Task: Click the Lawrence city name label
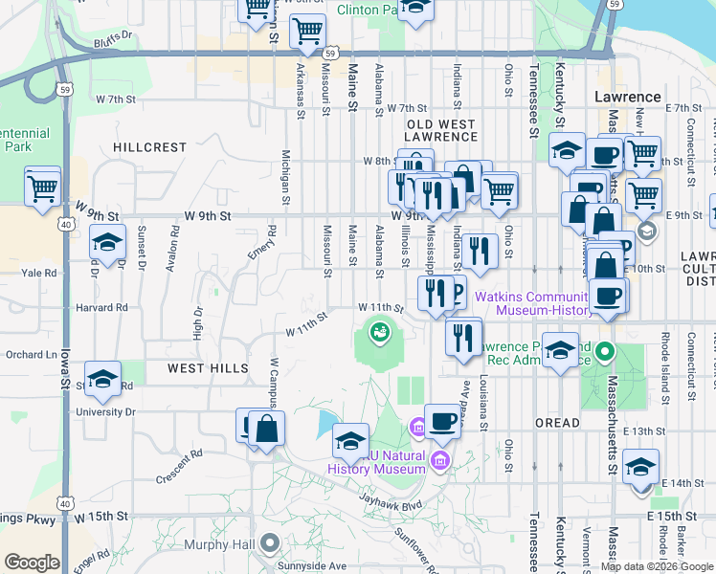627,97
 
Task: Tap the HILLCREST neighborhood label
148,147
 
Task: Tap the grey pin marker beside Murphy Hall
271,544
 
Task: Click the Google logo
32,562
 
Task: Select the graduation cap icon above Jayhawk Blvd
351,442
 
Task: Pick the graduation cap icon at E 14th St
641,468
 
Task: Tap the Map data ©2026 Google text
656,566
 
